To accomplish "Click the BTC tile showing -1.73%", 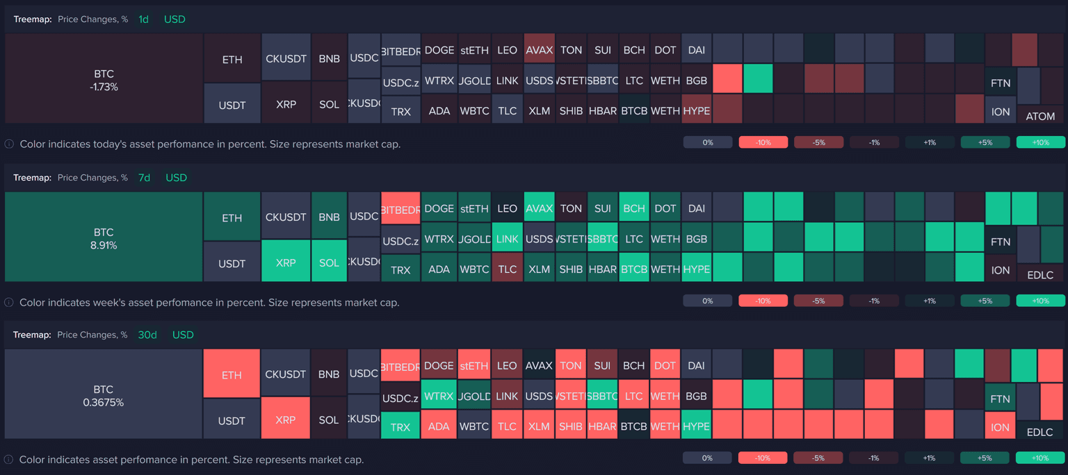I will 104,79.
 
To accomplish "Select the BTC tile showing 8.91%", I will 104,237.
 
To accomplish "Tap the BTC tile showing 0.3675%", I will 104,394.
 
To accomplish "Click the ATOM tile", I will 1040,116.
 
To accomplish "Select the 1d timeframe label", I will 143,19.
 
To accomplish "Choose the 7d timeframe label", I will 144,178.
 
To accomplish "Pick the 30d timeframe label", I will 147,335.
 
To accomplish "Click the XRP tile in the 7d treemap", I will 286,263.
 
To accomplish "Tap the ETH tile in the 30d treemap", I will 232,375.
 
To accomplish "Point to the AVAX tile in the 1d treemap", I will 539,50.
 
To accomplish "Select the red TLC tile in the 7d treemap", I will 508,269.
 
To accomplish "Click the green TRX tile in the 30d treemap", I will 400,427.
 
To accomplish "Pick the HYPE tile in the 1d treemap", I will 696,110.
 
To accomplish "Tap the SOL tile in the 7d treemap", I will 329,263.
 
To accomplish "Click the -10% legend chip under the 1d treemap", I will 763,142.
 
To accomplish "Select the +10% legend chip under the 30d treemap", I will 1040,458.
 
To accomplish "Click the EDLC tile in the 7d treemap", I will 1040,275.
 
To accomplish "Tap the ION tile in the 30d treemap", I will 1001,427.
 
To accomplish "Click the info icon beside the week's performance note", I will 9,303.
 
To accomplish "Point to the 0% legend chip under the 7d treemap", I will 708,301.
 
